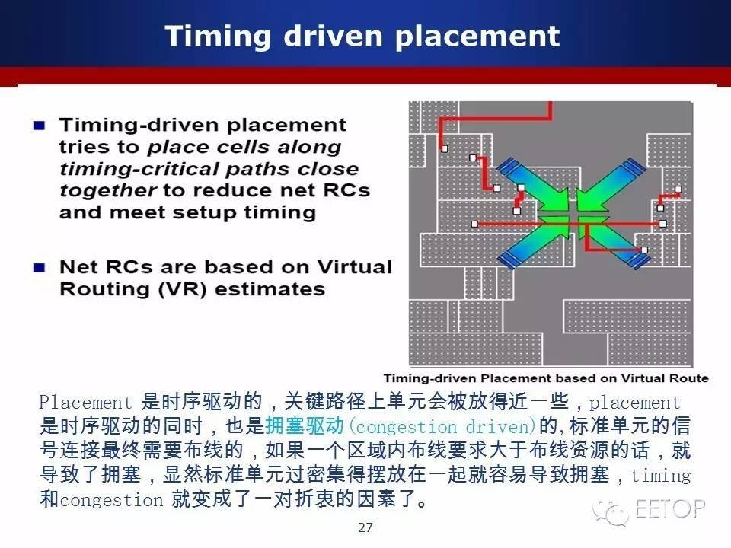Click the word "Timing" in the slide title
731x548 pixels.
218,37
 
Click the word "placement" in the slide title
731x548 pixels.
477,37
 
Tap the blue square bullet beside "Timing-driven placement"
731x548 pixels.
39,126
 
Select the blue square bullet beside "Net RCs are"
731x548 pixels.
39,267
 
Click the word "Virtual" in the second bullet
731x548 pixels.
354,267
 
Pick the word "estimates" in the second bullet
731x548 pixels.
270,289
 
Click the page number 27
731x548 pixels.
365,527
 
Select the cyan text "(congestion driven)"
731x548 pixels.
443,426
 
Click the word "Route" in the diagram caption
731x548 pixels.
688,378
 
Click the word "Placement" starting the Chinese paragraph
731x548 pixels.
86,402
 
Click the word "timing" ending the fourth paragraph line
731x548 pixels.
661,475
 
